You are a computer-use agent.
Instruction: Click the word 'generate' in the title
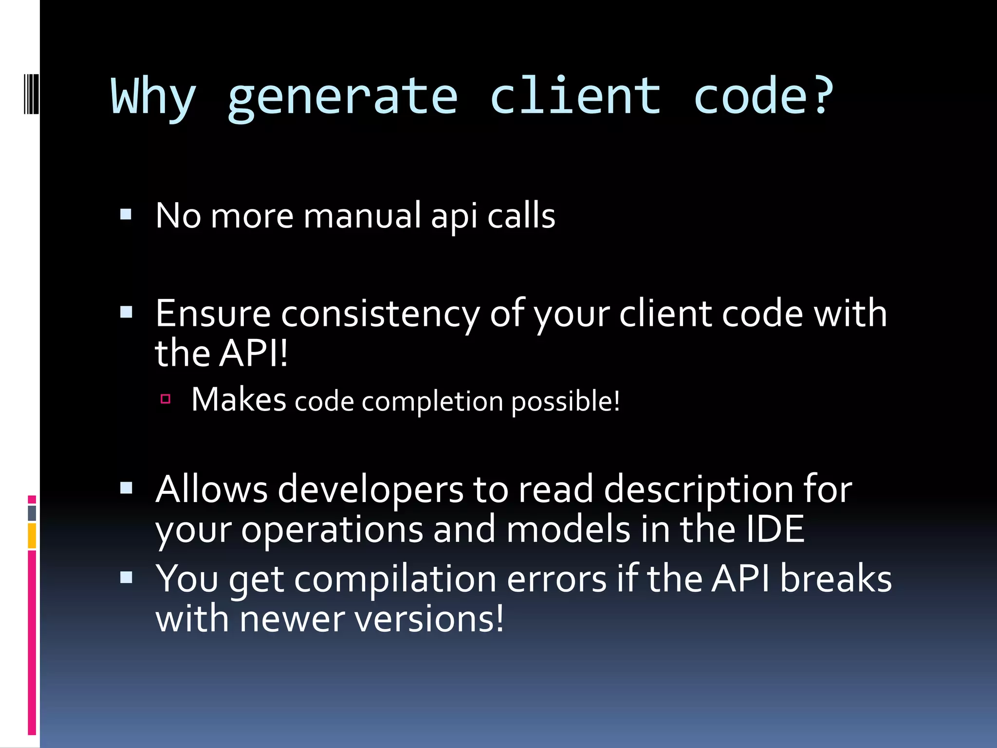point(343,97)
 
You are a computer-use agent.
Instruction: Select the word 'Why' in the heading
point(153,97)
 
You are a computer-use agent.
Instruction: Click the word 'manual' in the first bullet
point(362,215)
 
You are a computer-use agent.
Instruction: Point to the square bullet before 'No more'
point(126,214)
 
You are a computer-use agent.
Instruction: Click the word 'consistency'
point(380,314)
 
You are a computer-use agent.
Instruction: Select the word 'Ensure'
point(213,314)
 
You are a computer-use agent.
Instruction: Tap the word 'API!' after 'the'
point(254,353)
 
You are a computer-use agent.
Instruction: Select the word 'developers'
point(370,489)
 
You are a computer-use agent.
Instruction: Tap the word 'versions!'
point(429,619)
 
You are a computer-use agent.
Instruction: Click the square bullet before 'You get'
point(126,578)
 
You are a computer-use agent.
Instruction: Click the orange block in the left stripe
point(32,536)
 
